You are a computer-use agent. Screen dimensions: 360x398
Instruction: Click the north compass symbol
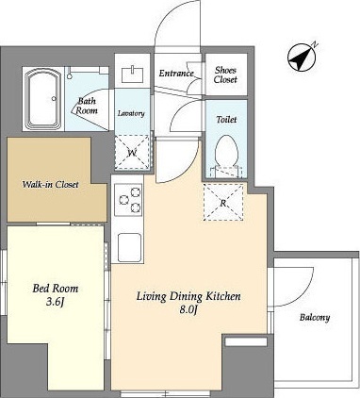(302, 57)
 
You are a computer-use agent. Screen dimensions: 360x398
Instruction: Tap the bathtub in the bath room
(43, 99)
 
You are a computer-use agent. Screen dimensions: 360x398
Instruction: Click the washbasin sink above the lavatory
(133, 75)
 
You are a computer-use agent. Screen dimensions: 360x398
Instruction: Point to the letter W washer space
(132, 153)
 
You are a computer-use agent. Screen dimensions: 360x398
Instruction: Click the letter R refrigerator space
(223, 202)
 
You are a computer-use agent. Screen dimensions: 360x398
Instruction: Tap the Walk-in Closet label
(50, 185)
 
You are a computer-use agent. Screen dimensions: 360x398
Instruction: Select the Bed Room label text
(56, 289)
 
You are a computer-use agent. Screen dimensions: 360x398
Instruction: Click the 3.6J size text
(56, 302)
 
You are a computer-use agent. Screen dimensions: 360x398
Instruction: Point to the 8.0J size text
(188, 310)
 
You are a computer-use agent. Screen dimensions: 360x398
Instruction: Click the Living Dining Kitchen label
(188, 296)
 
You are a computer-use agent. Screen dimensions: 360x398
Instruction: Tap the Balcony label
(315, 318)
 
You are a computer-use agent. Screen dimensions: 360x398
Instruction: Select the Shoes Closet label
(225, 75)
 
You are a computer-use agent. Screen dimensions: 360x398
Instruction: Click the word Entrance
(176, 74)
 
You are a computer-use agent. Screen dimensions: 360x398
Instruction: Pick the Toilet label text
(226, 120)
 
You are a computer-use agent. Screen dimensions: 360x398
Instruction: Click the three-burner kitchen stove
(128, 200)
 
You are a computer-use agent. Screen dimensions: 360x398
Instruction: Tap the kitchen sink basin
(129, 247)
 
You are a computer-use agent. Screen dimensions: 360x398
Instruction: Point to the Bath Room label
(87, 106)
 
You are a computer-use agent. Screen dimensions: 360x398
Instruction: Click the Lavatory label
(131, 113)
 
